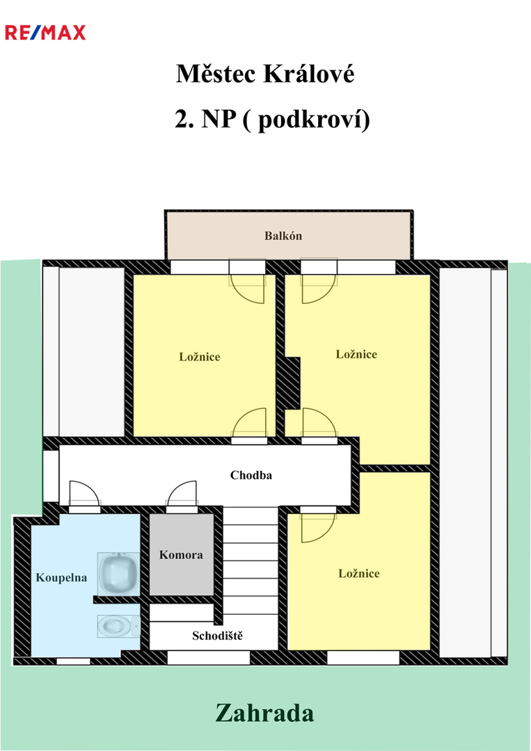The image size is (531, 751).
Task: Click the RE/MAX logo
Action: click(45, 33)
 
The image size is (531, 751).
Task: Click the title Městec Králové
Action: click(265, 74)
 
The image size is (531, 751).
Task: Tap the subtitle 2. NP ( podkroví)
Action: click(272, 119)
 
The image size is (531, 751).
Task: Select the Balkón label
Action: click(283, 236)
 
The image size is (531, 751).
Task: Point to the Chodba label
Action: click(251, 475)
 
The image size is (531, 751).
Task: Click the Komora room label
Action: click(181, 555)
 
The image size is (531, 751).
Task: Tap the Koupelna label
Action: click(61, 578)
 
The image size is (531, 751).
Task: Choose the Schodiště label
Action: click(218, 636)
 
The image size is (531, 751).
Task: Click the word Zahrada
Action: click(264, 713)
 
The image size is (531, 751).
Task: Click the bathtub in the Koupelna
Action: click(118, 574)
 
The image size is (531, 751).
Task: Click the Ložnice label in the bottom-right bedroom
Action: click(359, 574)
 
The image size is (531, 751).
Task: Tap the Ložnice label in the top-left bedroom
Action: click(200, 357)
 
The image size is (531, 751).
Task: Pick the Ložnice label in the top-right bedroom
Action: click(356, 355)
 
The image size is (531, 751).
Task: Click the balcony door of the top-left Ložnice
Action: click(247, 281)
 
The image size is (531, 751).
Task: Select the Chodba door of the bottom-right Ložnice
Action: click(318, 525)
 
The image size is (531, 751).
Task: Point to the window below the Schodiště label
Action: click(209, 658)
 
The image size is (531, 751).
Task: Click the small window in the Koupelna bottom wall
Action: click(73, 661)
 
